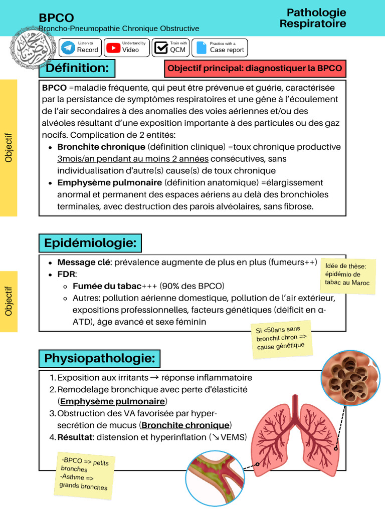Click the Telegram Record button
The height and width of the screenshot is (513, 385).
point(80,48)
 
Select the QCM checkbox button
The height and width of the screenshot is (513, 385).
point(170,48)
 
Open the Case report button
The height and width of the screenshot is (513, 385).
point(220,48)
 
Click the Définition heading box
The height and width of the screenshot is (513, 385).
point(77,68)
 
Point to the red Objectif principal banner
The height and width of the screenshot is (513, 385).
point(255,68)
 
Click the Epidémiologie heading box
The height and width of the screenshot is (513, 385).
point(90,243)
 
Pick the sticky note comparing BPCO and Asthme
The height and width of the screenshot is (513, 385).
point(85,473)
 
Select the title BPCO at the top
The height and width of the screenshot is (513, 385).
point(57,18)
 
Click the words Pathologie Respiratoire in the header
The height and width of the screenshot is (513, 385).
point(313,18)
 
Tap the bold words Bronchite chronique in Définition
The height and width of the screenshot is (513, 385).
point(101,147)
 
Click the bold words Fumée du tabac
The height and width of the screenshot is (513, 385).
point(107,286)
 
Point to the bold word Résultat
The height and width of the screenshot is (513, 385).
point(75,437)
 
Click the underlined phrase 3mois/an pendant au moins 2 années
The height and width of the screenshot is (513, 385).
point(133,159)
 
